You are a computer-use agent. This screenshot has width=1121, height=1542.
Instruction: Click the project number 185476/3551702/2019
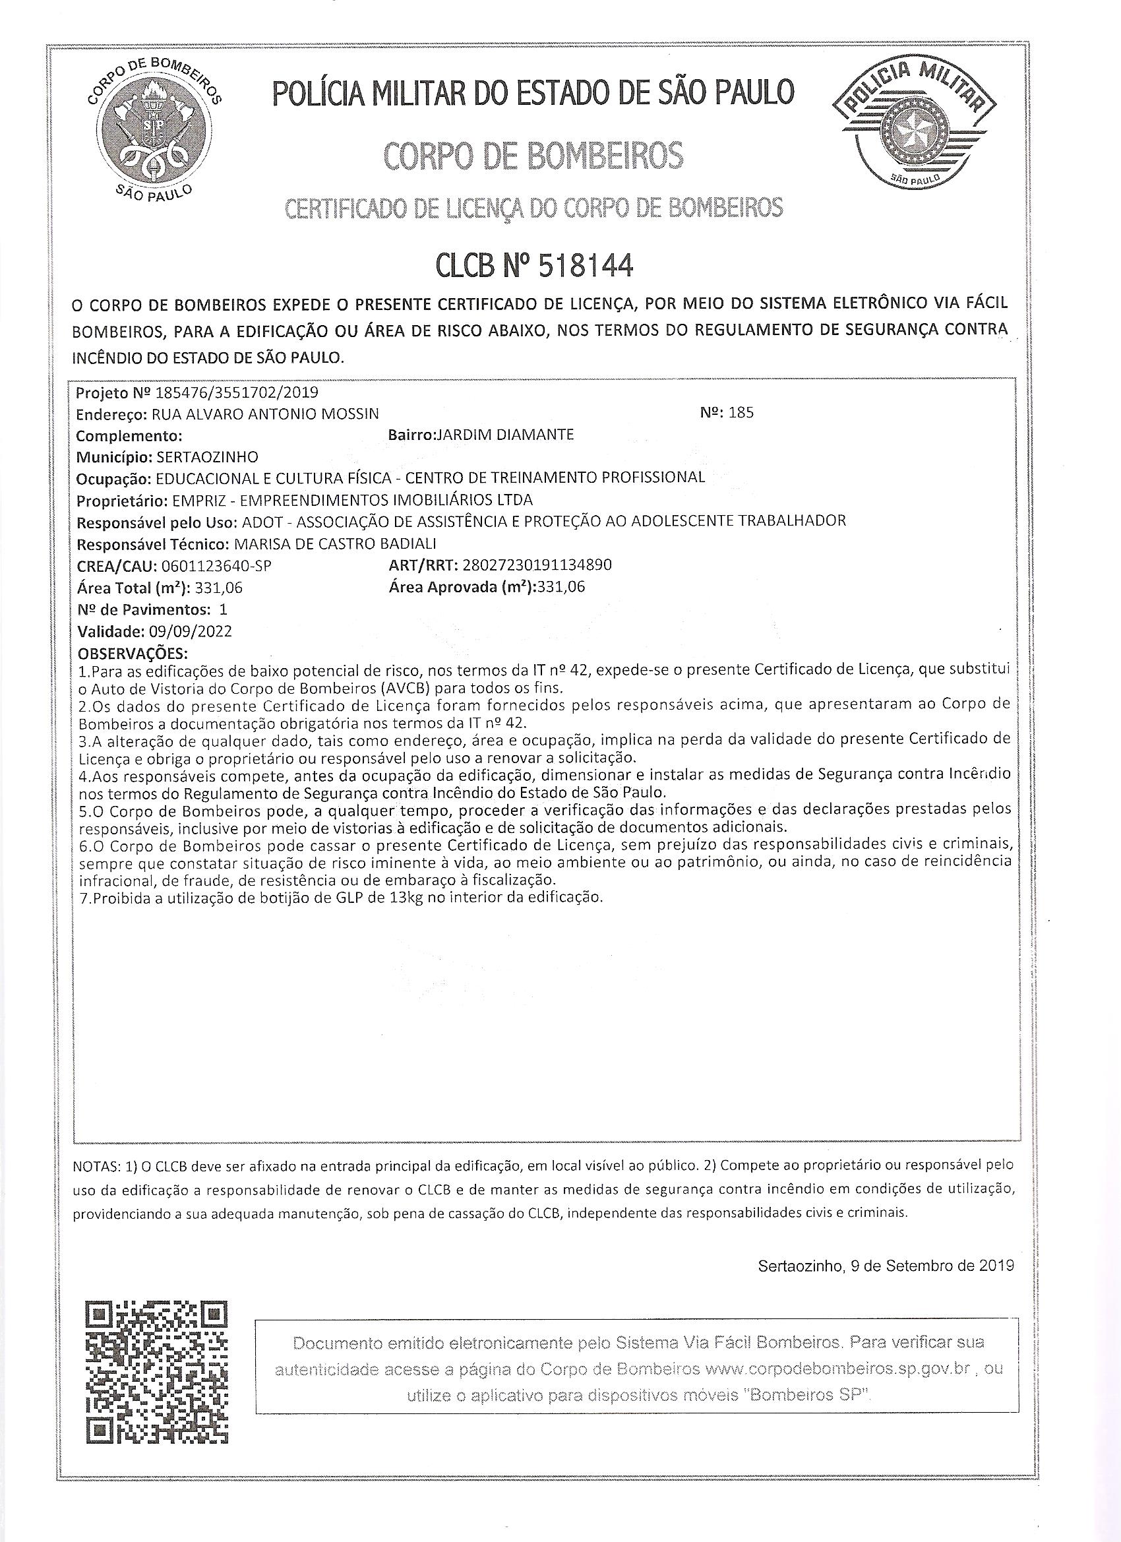(237, 392)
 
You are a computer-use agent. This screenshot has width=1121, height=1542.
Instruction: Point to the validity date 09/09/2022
(194, 631)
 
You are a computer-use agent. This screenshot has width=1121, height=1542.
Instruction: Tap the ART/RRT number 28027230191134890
(536, 565)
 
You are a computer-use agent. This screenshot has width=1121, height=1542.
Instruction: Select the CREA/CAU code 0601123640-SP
(218, 566)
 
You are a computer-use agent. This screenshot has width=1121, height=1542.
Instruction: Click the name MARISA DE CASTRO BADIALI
(334, 544)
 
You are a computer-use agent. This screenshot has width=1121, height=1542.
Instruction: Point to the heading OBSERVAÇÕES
(133, 654)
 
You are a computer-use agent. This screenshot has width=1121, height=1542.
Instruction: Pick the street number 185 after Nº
(741, 413)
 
